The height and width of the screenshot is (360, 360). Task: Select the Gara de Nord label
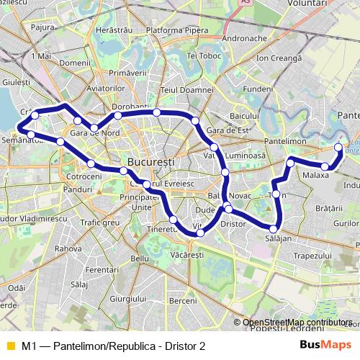pos(91,133)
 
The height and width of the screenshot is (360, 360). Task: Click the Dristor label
pos(233,224)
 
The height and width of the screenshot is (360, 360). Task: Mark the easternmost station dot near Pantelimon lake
pos(338,147)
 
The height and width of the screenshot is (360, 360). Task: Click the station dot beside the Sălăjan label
pos(274,229)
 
